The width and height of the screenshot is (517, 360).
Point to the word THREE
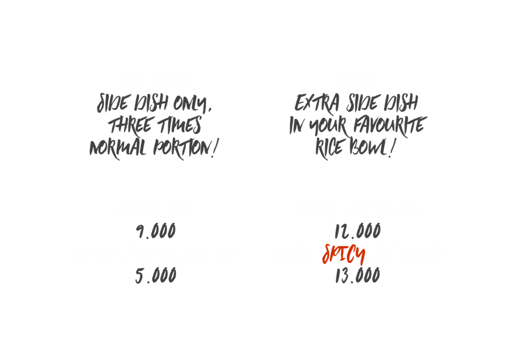tap(129, 126)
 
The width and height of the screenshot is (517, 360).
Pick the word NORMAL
tap(117, 148)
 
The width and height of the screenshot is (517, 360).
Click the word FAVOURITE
tap(388, 126)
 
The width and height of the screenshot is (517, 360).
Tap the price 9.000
tap(156, 232)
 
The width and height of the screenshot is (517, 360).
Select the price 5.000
tap(156, 276)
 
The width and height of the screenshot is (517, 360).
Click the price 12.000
tap(358, 232)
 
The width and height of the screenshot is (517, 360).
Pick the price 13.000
tap(358, 276)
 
